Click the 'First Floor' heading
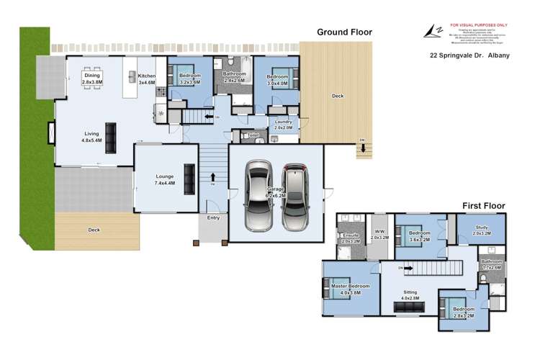tap(484, 206)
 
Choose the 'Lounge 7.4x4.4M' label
tap(166, 180)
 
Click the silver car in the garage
tap(258, 195)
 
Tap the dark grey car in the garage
tap(295, 195)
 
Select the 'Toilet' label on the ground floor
tap(253, 135)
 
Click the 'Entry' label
tap(213, 217)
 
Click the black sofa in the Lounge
tap(189, 175)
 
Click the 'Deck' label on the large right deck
tap(337, 96)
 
